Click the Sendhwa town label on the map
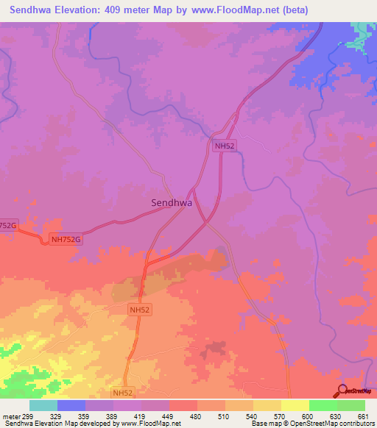pyautogui.click(x=171, y=202)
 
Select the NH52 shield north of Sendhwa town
pyautogui.click(x=225, y=146)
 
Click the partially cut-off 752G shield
pyautogui.click(x=8, y=225)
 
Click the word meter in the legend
pyautogui.click(x=13, y=415)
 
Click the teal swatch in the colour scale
pyautogui.click(x=43, y=405)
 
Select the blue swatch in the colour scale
pyautogui.click(x=71, y=405)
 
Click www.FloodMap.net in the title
pyautogui.click(x=223, y=10)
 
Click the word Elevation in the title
pyautogui.click(x=74, y=10)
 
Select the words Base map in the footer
pyautogui.click(x=264, y=424)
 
